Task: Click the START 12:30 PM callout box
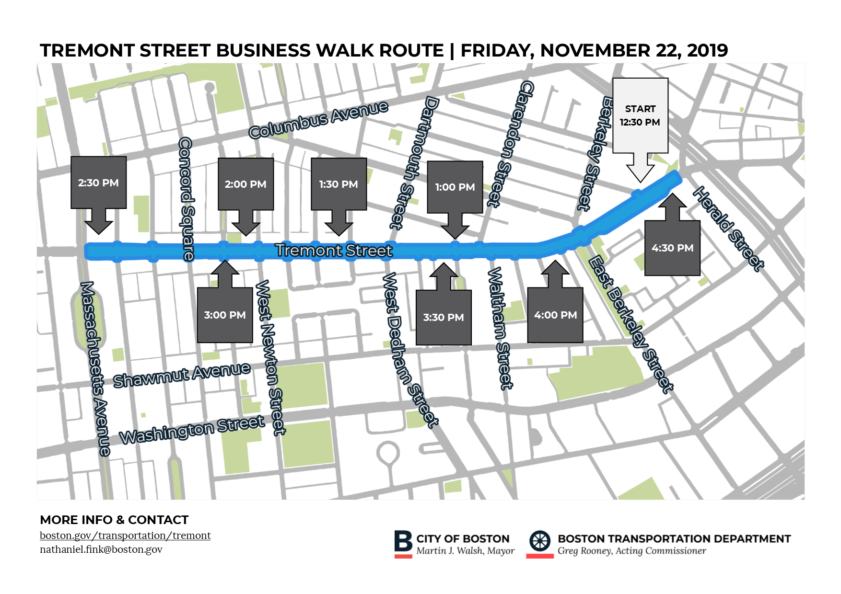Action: coord(640,116)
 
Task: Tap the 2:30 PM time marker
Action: coord(98,183)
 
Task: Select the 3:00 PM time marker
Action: coord(225,315)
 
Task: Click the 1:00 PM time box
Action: coord(455,187)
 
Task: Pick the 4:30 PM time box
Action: coord(672,248)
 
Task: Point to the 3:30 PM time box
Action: coord(444,317)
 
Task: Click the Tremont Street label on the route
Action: coord(334,250)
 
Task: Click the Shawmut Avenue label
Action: coord(182,375)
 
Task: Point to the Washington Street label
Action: coord(192,430)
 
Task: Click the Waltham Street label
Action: coord(500,328)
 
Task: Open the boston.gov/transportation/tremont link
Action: coord(125,536)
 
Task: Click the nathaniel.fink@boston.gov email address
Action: coord(101,549)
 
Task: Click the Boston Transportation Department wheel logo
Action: coord(540,541)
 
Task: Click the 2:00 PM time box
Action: coord(245,184)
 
